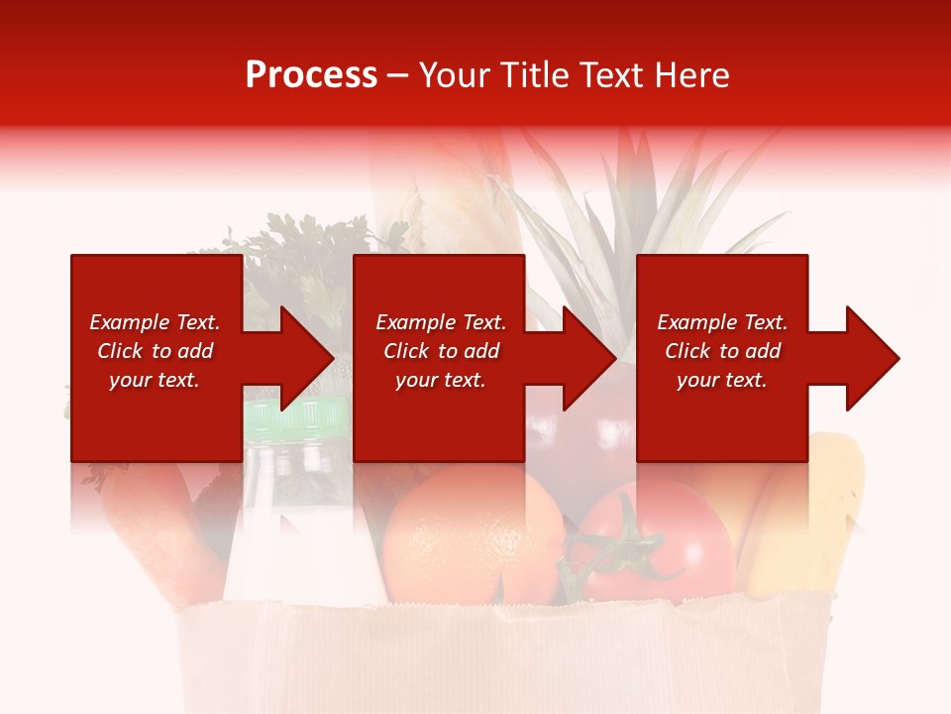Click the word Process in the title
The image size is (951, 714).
(311, 75)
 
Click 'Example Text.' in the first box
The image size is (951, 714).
(155, 322)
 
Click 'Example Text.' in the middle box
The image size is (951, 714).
(441, 322)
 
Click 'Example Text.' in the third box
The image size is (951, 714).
(722, 322)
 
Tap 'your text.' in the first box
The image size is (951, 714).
(155, 380)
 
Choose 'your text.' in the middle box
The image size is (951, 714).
(441, 380)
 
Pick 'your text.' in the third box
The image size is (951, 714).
(722, 380)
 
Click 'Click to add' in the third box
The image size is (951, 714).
(722, 351)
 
